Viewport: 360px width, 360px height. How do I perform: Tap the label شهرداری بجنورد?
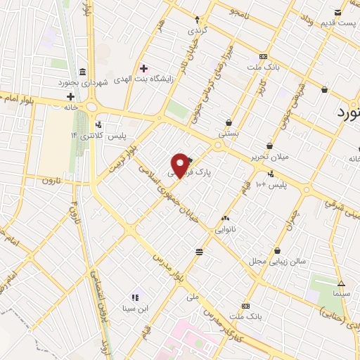(82, 83)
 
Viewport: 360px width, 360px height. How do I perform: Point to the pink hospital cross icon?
(144, 68)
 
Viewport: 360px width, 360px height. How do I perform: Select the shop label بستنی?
(229, 131)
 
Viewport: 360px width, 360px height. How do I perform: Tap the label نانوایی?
(225, 229)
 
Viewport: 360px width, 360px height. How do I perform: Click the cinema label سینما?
(341, 291)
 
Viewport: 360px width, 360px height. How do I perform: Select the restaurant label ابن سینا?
(134, 307)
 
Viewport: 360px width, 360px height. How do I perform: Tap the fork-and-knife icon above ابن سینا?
(134, 297)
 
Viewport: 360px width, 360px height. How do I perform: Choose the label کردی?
(197, 32)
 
